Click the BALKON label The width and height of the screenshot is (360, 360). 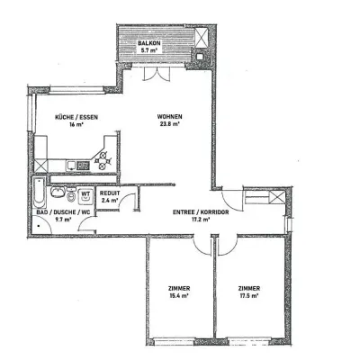pyautogui.click(x=148, y=44)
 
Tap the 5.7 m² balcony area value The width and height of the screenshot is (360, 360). pyautogui.click(x=148, y=51)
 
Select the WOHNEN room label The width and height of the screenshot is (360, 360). pyautogui.click(x=168, y=117)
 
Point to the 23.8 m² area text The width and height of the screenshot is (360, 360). pyautogui.click(x=168, y=125)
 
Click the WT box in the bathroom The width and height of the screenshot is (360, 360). pyautogui.click(x=85, y=193)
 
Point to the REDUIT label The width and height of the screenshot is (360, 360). pyautogui.click(x=110, y=193)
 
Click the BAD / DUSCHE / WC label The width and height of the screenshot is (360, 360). pyautogui.click(x=62, y=210)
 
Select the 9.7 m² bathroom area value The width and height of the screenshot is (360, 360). pyautogui.click(x=62, y=218)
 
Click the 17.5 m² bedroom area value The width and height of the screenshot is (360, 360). pyautogui.click(x=250, y=296)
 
